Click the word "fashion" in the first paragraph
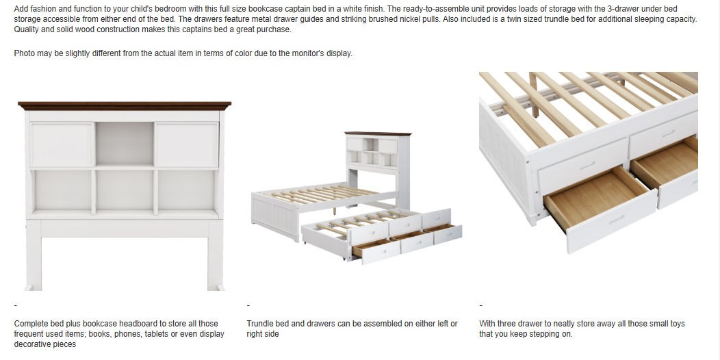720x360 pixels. pyautogui.click(x=42, y=9)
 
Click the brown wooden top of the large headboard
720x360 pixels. pyautogui.click(x=125, y=106)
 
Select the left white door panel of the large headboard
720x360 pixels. pyautogui.click(x=62, y=144)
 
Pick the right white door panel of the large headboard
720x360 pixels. pyautogui.click(x=186, y=144)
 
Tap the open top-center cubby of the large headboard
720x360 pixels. pyautogui.click(x=125, y=144)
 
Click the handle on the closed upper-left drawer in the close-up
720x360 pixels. pyautogui.click(x=588, y=166)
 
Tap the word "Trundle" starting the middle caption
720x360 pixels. pyautogui.click(x=259, y=324)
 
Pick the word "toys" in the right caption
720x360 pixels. pyautogui.click(x=678, y=324)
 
